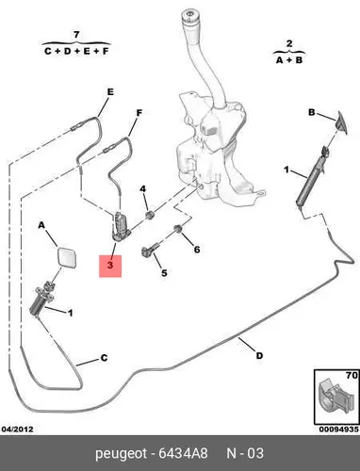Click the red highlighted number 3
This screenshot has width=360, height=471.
point(110,266)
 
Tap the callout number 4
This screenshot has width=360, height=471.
point(143,189)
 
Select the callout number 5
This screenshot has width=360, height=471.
point(164,273)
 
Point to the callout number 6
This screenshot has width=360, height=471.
point(197,250)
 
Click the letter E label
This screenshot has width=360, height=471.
point(110,92)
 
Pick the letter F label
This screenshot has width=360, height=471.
point(139,113)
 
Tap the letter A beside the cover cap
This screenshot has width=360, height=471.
point(41,225)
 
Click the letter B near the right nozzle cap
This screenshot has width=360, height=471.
point(311,112)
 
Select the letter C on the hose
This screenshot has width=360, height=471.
point(104,358)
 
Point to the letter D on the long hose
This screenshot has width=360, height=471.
point(259,356)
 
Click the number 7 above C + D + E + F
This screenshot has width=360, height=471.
point(76,35)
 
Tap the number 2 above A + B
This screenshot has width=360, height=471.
point(289,43)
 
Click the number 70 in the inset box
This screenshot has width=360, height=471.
point(352,375)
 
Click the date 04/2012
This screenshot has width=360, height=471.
point(17,430)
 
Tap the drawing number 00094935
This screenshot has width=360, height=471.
point(339,430)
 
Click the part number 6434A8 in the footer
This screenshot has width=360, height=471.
point(183,453)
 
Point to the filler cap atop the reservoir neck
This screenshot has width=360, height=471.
point(190,17)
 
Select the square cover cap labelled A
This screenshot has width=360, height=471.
point(66,257)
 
